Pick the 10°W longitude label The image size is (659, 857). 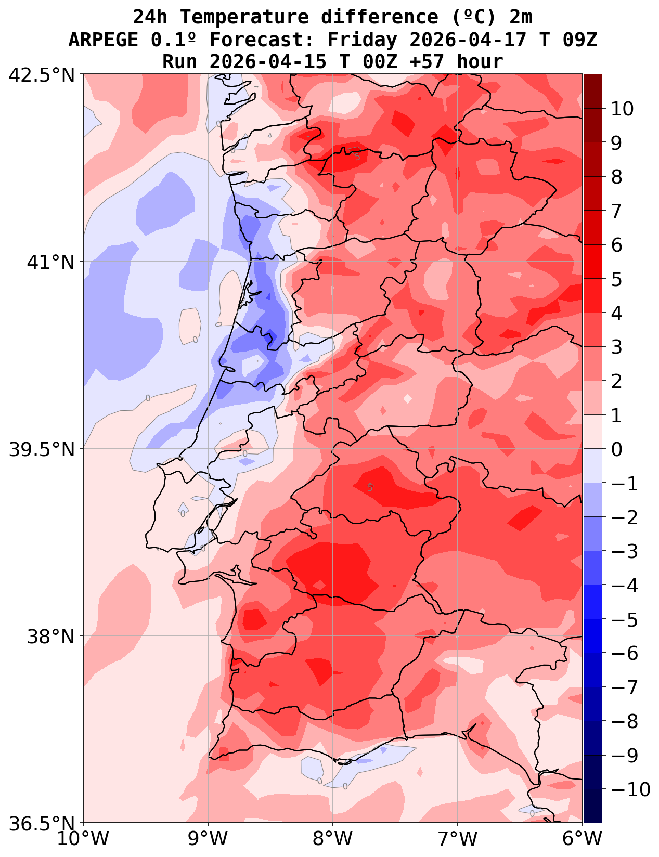[83, 839]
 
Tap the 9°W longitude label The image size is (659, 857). [208, 839]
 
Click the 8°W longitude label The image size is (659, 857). [333, 839]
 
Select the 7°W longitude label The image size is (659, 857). [458, 839]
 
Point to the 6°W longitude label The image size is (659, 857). [583, 839]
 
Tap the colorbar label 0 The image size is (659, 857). [616, 449]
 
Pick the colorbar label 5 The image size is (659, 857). [616, 279]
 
